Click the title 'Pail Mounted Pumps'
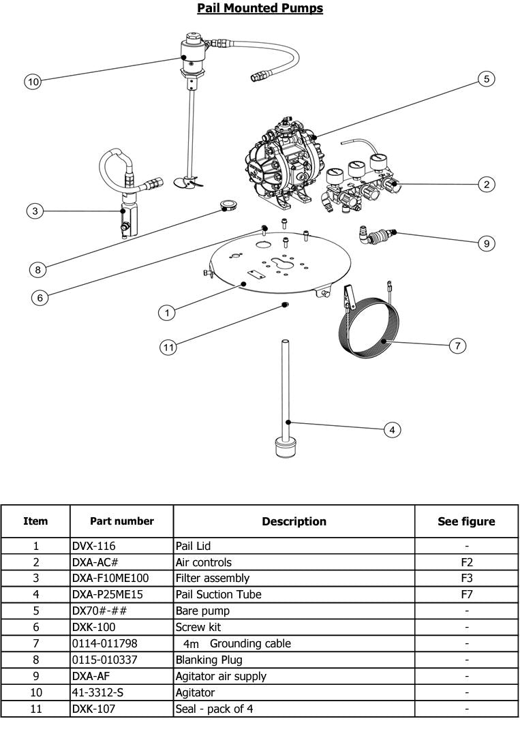tap(260, 8)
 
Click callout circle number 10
tap(33, 82)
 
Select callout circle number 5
tap(486, 79)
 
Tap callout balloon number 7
tap(457, 346)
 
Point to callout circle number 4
tap(391, 429)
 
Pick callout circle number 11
tap(168, 348)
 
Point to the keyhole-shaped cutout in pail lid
tap(282, 262)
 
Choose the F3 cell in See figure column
tap(466, 578)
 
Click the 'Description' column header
tap(294, 521)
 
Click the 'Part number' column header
tap(121, 521)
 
